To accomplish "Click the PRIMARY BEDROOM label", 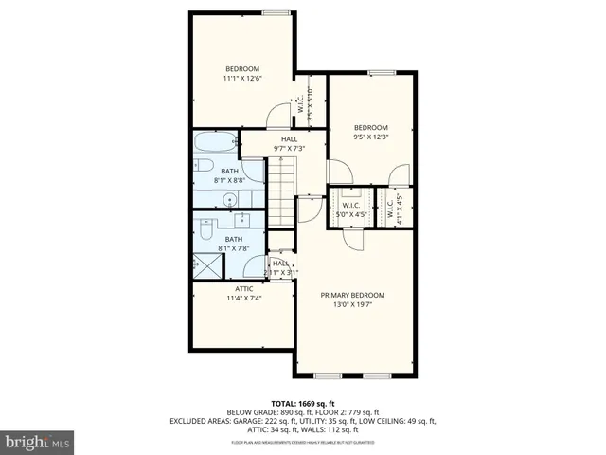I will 352,295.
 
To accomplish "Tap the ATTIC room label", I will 243,288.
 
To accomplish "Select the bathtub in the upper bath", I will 214,145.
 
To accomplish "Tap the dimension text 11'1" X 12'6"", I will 242,78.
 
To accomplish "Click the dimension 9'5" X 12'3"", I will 371,138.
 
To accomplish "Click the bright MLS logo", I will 38,442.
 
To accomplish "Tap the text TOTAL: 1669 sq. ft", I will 302,403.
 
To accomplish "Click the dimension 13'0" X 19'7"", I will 352,305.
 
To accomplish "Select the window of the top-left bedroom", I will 276,13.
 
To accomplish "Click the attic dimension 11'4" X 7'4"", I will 243,299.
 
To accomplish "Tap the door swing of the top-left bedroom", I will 278,116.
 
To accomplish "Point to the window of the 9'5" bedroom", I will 382,72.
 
